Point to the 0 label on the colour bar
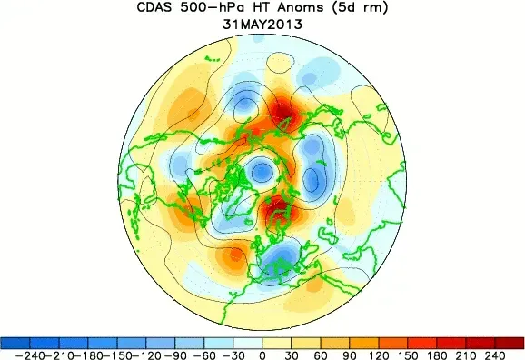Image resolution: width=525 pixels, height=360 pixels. pyautogui.click(x=262, y=354)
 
